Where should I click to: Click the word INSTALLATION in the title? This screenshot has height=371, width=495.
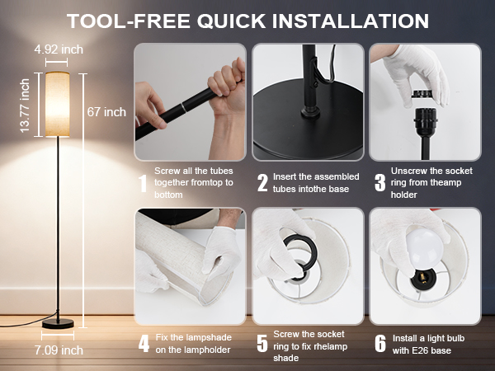tap(350, 21)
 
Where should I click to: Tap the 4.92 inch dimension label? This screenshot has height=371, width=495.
tap(59, 49)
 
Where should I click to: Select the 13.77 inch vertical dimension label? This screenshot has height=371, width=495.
tap(25, 106)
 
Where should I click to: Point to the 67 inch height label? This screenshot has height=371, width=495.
tap(106, 112)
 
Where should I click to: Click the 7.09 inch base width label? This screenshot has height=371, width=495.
tap(59, 350)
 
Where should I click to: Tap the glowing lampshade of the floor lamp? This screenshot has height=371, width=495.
tap(57, 105)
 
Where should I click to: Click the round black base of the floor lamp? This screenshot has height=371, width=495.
tap(58, 324)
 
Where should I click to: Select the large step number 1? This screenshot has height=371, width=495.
tap(143, 183)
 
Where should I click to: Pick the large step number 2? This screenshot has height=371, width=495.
tap(262, 183)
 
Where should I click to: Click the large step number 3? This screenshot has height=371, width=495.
tap(380, 183)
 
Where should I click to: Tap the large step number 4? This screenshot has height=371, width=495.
tap(144, 344)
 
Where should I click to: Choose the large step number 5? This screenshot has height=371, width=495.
tap(262, 344)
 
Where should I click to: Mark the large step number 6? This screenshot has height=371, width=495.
tap(380, 344)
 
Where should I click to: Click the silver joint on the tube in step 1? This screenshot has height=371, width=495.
tap(183, 107)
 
